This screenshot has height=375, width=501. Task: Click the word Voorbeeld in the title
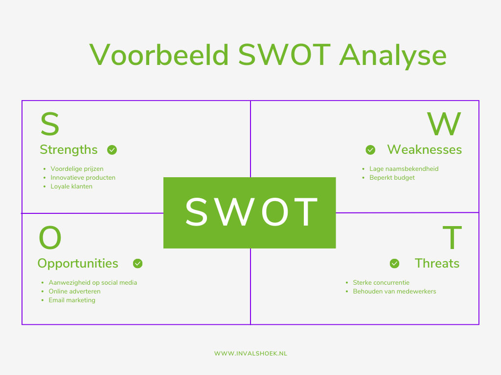tap(159, 55)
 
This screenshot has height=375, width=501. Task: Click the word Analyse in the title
tap(393, 56)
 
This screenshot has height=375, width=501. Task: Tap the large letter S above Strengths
tap(49, 125)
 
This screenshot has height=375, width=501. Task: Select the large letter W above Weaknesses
tap(444, 125)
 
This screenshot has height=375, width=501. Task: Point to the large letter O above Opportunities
tap(50, 239)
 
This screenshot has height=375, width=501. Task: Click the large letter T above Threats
tap(453, 239)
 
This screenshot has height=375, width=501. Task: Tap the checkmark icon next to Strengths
tap(112, 150)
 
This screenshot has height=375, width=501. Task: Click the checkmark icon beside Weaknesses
tap(370, 149)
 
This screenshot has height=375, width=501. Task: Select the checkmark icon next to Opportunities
tap(138, 264)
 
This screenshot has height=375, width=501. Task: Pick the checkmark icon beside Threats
tap(394, 264)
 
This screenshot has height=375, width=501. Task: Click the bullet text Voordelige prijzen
tap(77, 169)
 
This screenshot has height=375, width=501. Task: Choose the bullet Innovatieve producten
tap(83, 178)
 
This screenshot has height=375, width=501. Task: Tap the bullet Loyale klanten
tap(71, 187)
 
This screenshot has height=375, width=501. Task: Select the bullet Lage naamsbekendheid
tap(404, 169)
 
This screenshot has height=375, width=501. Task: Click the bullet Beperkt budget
tap(392, 178)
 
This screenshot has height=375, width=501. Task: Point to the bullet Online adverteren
tap(74, 292)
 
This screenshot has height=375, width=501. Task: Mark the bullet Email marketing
tap(72, 300)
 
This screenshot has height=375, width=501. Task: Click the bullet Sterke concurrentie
tap(381, 283)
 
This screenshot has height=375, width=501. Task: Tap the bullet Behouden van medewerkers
tap(394, 292)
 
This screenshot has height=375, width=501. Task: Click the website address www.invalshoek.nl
tap(250, 353)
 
